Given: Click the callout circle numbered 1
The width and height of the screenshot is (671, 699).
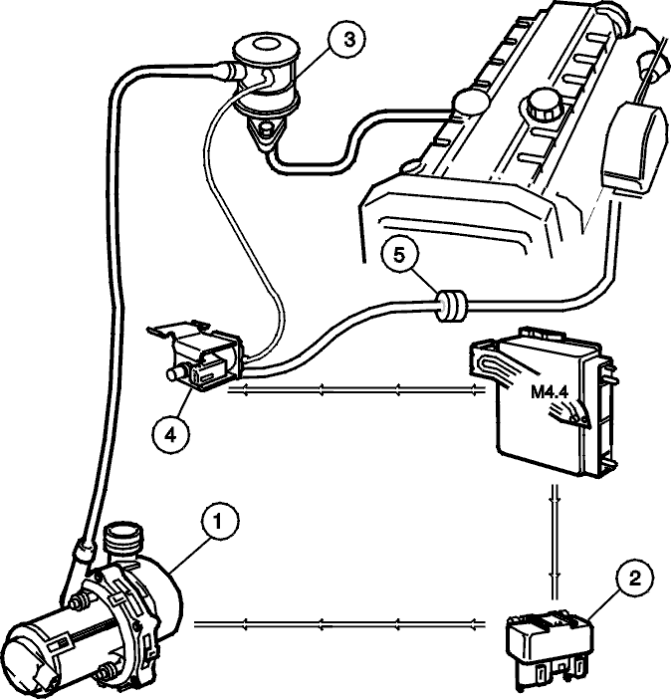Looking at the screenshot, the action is pos(219,522).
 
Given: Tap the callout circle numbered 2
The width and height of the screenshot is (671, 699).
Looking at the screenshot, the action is pos(634,579).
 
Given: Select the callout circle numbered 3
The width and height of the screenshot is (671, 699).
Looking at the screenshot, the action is pos(346,39).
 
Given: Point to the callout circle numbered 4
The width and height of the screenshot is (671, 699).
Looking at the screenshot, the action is pos(171,434).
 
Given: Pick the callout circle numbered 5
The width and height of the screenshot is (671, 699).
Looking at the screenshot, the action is pos(399,256).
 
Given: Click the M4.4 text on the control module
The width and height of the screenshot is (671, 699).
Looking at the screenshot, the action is pos(549,392).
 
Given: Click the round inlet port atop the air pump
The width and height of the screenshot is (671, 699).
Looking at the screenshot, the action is pos(123,540).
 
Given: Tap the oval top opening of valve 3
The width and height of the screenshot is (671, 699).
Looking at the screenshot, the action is pos(266,45).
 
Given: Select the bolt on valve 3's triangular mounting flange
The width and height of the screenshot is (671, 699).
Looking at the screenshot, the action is pos(266,129).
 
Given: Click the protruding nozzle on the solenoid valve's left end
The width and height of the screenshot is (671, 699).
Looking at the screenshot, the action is pos(175,373).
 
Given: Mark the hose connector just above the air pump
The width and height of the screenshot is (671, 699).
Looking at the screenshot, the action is pos(84,550).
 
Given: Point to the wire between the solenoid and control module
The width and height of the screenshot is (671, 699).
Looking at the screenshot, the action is pos(356,391).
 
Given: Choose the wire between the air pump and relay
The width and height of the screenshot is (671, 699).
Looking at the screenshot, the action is pos(339,623).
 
